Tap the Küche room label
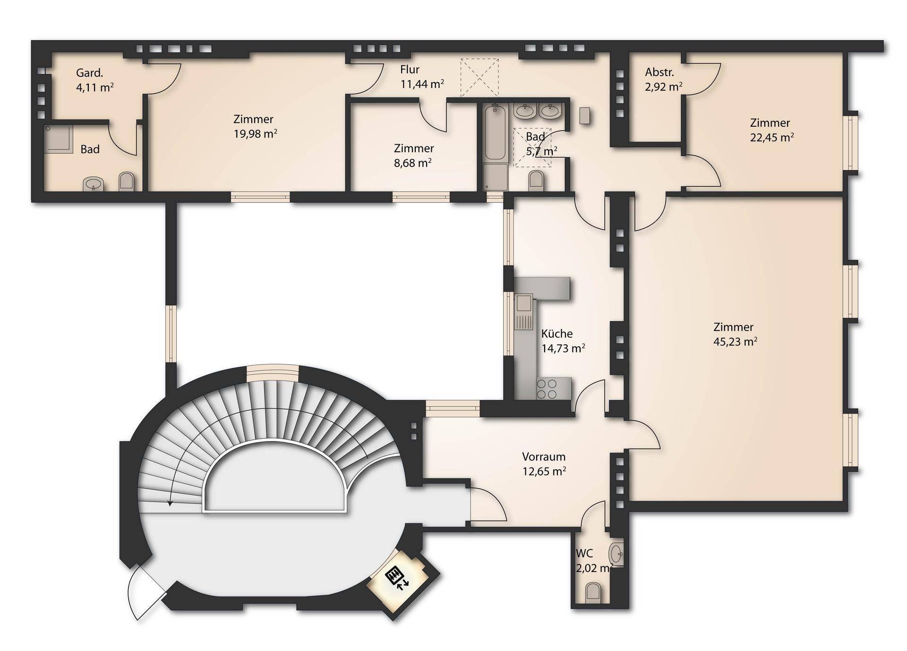click(557, 334)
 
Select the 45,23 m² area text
click(736, 342)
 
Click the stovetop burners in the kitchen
click(547, 389)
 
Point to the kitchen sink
click(523, 312)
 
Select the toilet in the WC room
click(593, 593)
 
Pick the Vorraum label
click(544, 457)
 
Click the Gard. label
click(90, 73)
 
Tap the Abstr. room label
click(659, 72)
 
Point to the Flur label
click(410, 69)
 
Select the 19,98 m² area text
click(256, 134)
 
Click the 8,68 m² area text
click(412, 163)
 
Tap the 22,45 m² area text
click(772, 138)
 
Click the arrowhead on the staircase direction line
click(170, 503)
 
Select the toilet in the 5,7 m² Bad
click(536, 180)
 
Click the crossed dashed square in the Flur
click(479, 78)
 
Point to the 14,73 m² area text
click(564, 349)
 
